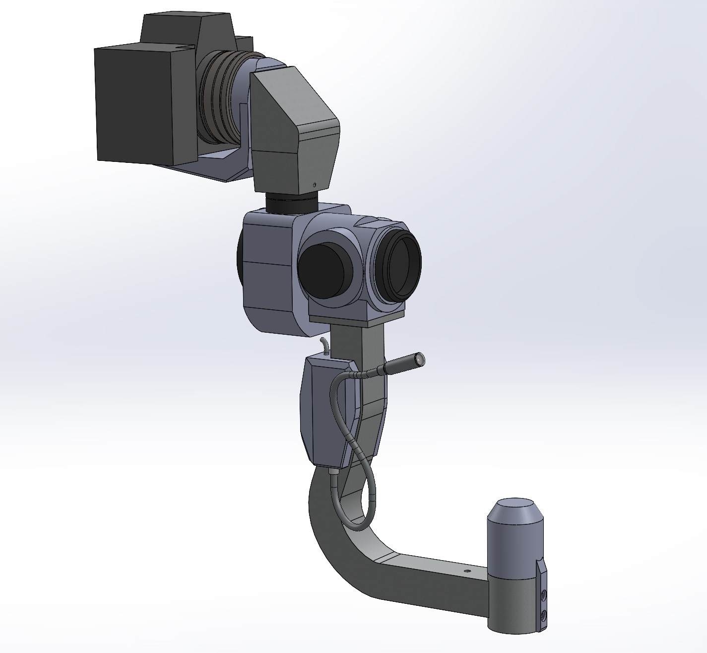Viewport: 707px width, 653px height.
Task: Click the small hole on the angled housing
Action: [x=315, y=185]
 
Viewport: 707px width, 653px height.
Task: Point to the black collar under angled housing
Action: [x=292, y=203]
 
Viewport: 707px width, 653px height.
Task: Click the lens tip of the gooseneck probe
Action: [x=420, y=358]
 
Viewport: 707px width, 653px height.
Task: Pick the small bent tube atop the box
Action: [x=323, y=345]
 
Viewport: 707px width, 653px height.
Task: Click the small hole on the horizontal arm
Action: [x=466, y=572]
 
